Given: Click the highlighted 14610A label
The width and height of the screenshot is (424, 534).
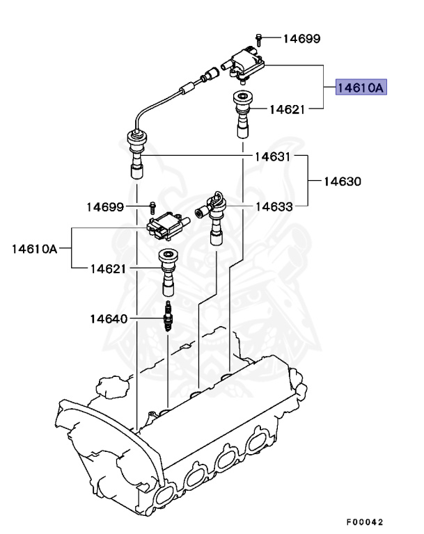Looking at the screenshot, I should point(361,88).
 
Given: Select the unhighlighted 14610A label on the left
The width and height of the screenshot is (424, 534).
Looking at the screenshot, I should point(34,248).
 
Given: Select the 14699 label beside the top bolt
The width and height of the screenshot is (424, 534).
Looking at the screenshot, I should point(301,38).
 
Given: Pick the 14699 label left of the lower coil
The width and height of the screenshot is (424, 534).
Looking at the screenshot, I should point(106,207).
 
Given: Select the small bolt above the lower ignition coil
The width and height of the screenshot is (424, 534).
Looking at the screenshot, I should point(151,206).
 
